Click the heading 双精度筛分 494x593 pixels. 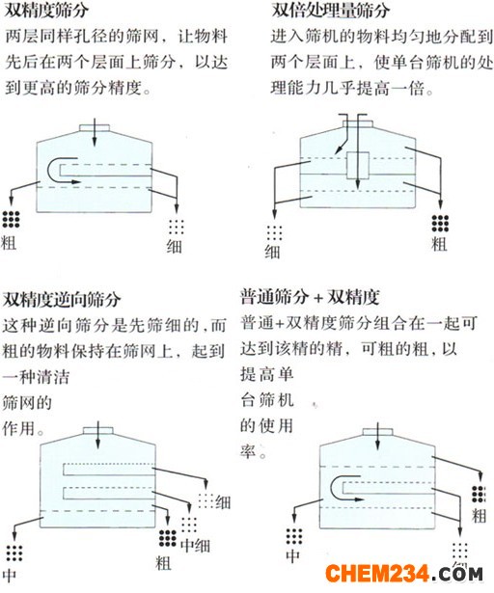tap(46, 11)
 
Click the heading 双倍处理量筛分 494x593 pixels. tap(331, 11)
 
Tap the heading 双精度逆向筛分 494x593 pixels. tap(62, 299)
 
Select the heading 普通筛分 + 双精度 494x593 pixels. tap(310, 297)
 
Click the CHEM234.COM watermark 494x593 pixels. tap(404, 574)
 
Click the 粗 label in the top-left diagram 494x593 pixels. tap(9, 242)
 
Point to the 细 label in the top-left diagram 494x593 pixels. tap(175, 246)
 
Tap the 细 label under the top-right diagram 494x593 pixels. tap(272, 252)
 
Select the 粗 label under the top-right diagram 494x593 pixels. tap(439, 244)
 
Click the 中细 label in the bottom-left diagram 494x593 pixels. tap(195, 546)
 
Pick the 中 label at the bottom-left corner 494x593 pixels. tap(11, 575)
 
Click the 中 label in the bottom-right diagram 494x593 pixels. tap(293, 556)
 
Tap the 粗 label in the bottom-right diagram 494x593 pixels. tap(479, 516)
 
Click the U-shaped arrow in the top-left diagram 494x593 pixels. tap(48, 170)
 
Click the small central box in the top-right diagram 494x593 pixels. tap(358, 165)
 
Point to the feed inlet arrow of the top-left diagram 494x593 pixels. tap(95, 132)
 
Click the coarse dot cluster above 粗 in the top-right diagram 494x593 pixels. tap(440, 224)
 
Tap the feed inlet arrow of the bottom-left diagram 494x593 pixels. tap(98, 435)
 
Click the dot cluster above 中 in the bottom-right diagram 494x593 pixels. tap(294, 537)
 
